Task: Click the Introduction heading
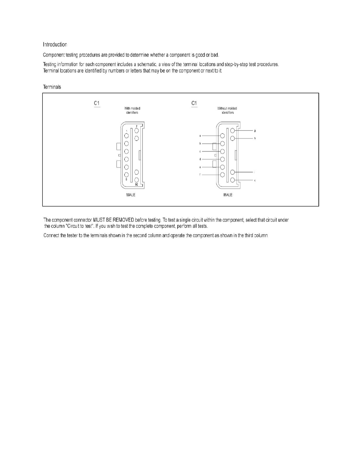(55, 44)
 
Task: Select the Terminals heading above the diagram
(52, 87)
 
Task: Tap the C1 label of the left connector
(97, 103)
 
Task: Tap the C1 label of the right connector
(194, 103)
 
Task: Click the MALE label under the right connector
(227, 195)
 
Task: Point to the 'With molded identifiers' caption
(132, 110)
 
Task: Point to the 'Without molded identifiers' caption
(227, 110)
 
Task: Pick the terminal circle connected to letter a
(222, 135)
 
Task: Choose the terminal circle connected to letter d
(222, 159)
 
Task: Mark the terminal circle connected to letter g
(233, 131)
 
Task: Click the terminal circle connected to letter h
(233, 138)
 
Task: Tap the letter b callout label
(200, 144)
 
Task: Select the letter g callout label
(255, 130)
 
